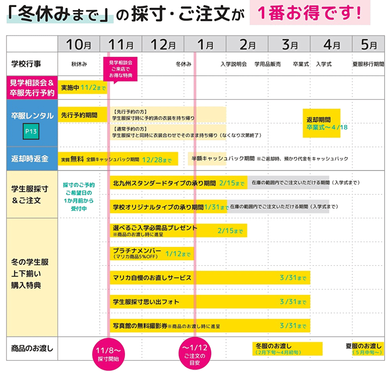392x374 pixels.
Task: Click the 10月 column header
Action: [x=79, y=44]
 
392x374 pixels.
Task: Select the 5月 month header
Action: [x=368, y=44]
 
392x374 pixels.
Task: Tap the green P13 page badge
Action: [x=31, y=131]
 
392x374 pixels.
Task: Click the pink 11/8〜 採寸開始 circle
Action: [x=108, y=354]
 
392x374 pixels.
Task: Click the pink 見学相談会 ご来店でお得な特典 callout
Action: [x=120, y=69]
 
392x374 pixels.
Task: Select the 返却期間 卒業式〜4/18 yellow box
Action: [x=321, y=123]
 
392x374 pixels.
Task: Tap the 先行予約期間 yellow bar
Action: [x=83, y=115]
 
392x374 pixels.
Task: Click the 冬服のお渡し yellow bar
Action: [x=288, y=349]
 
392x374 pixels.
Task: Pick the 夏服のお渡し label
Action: [x=364, y=346]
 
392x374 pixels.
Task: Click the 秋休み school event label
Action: [x=79, y=64]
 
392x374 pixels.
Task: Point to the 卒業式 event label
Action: [x=301, y=64]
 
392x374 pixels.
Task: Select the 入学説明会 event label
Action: [x=234, y=64]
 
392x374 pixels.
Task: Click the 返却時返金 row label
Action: [x=30, y=159]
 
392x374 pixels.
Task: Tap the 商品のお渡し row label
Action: [x=32, y=348]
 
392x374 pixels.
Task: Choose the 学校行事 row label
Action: [x=26, y=64]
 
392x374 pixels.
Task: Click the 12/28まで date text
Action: [x=157, y=160]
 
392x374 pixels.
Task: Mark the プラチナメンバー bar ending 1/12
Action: [x=152, y=253]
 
